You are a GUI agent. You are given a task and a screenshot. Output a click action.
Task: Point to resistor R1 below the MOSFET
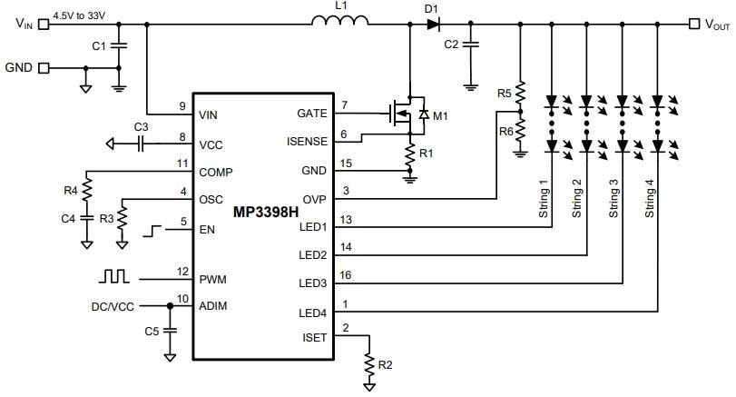(409, 154)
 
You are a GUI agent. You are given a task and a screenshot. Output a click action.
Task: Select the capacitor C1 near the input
(118, 45)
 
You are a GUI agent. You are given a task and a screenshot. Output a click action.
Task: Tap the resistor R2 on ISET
(369, 364)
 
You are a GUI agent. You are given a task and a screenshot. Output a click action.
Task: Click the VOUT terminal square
(694, 25)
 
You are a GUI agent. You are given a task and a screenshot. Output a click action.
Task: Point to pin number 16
(344, 273)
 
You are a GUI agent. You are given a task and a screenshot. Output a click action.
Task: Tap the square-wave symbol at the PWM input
(115, 274)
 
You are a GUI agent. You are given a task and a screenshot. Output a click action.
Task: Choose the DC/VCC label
(113, 306)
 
